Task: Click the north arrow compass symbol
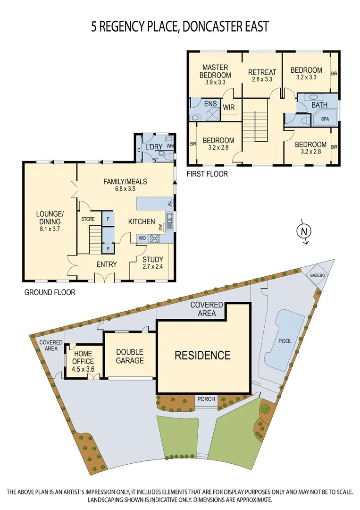tap(304, 231)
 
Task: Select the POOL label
tap(285, 341)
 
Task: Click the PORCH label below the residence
tap(206, 399)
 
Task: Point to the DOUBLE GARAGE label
tap(130, 356)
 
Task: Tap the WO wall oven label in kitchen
tap(142, 239)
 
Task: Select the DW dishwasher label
tap(161, 227)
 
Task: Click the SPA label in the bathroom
tap(325, 119)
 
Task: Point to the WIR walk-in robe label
tap(229, 108)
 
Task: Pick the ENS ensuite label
tap(210, 103)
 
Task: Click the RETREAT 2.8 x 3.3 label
tap(262, 76)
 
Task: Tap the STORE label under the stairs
tap(88, 219)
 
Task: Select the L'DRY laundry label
tap(154, 148)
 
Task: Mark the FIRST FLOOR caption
tap(208, 174)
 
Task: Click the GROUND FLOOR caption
tap(50, 292)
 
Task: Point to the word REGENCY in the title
tap(122, 26)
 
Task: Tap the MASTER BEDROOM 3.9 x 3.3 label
tap(215, 75)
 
